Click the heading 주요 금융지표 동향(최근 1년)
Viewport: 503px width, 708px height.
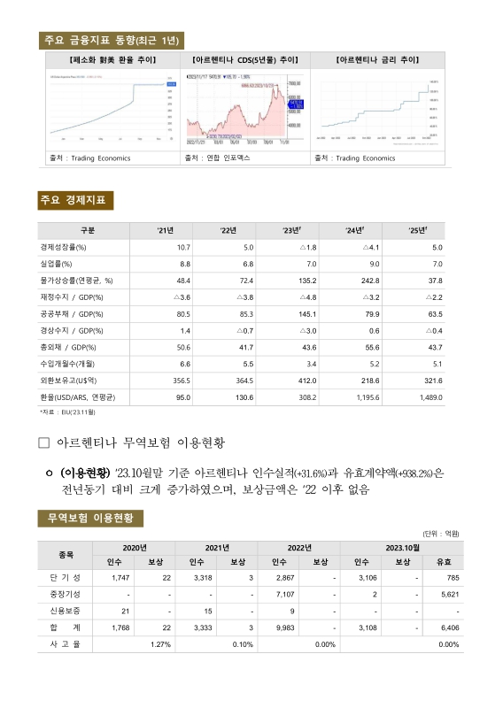112,40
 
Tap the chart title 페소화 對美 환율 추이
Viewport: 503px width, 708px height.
112,60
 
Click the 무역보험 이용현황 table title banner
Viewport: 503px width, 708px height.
90,518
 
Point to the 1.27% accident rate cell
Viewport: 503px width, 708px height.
160,644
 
